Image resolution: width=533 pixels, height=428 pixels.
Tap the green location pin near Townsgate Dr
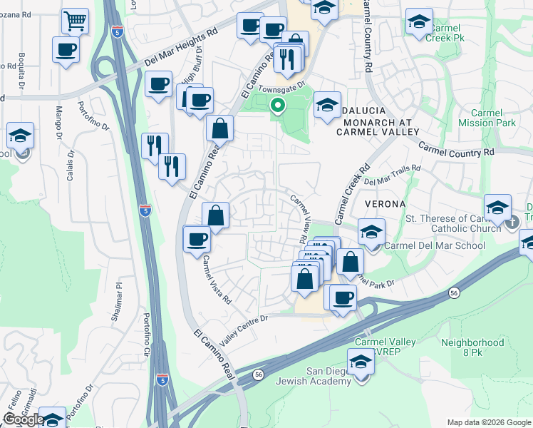(x=277, y=106)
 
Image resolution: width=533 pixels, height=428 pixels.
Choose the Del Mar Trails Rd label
(x=392, y=175)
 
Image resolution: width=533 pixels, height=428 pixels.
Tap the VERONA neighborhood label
(x=385, y=204)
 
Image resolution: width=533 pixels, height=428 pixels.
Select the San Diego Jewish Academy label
(x=338, y=376)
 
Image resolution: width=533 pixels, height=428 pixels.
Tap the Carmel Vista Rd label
(x=217, y=280)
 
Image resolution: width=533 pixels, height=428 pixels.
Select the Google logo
(x=24, y=419)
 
